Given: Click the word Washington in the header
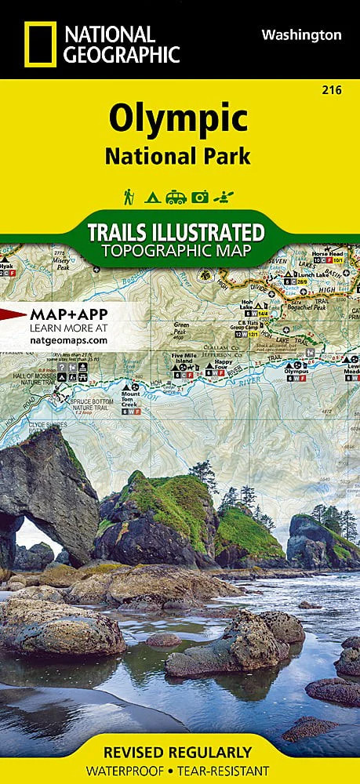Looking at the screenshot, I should click(301, 34).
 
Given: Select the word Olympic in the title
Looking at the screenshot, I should click(178, 120).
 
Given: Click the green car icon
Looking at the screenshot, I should click(176, 198).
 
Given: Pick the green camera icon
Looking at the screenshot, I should click(200, 198).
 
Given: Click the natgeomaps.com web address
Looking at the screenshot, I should click(68, 340).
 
